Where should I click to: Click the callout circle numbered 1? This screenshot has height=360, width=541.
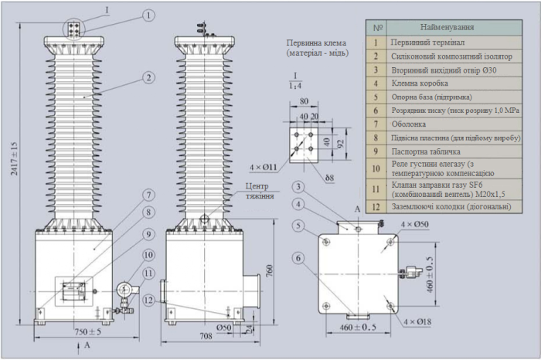pyautogui.click(x=148, y=15)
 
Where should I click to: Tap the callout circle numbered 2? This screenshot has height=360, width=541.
pyautogui.click(x=148, y=77)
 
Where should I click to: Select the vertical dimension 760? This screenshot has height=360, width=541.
pyautogui.click(x=268, y=271)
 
